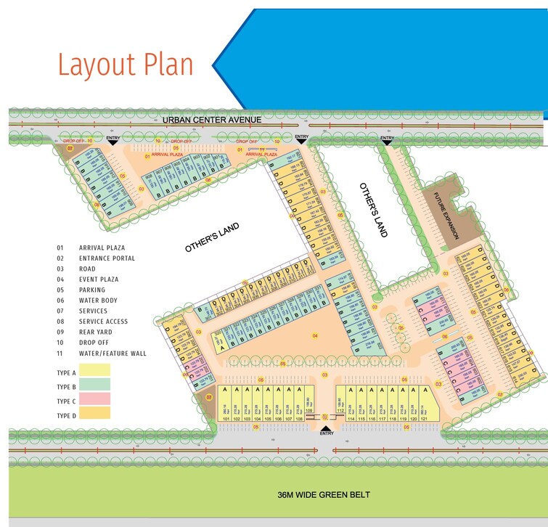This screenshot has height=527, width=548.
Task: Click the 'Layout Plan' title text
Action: point(126,65)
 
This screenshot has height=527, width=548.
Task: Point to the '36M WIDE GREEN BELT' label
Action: point(324,495)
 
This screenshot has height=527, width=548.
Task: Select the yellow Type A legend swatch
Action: point(94,372)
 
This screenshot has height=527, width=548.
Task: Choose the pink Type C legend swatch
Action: point(94,400)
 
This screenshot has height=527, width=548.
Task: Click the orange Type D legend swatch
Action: point(94,414)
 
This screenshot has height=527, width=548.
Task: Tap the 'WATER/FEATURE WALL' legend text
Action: point(113,354)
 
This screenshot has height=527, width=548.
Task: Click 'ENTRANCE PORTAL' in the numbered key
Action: point(107,258)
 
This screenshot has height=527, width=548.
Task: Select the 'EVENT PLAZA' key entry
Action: point(99,279)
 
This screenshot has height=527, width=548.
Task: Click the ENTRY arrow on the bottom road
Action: point(326,428)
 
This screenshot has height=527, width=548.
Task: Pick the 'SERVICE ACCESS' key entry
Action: point(103,322)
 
